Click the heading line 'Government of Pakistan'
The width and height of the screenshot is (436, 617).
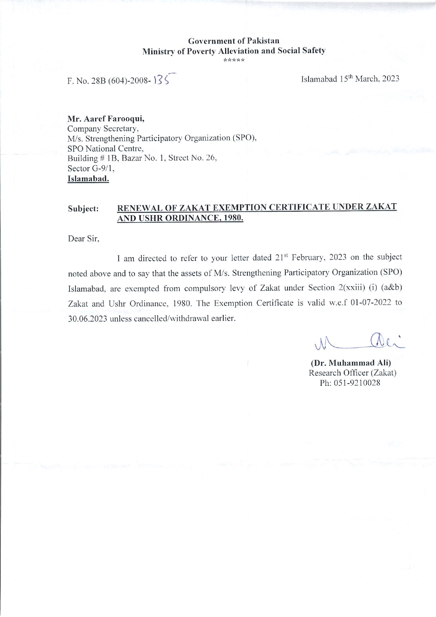point(234,41)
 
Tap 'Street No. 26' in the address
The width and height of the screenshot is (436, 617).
point(193,158)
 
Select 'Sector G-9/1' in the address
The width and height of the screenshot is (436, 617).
point(91,168)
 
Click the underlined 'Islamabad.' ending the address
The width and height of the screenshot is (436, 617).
point(88,179)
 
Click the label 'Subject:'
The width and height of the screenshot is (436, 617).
point(83,208)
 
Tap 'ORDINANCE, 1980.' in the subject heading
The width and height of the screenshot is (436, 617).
point(204,218)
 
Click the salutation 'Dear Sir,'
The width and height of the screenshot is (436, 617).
point(84,239)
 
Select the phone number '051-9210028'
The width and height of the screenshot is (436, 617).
point(360,383)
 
